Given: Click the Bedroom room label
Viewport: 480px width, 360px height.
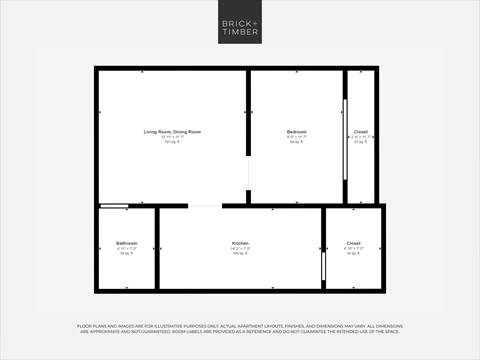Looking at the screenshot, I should click(296, 132).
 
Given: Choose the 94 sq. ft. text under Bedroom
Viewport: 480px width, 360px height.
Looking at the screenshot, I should click(296, 143).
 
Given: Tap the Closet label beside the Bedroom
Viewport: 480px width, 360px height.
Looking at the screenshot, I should click(360, 132).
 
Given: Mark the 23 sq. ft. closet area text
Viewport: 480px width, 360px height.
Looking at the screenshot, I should click(360, 143).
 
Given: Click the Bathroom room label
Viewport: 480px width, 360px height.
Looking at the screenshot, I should click(126, 243).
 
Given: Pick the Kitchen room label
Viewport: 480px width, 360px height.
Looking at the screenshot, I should click(240, 243).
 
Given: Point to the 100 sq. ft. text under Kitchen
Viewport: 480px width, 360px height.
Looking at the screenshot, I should click(240, 254).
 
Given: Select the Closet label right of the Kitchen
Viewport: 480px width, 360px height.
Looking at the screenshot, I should click(353, 243).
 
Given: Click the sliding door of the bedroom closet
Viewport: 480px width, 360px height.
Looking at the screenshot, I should click(346, 138).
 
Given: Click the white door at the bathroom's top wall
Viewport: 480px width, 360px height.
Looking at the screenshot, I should click(114, 206).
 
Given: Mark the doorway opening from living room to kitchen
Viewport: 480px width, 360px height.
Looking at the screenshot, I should click(204, 206).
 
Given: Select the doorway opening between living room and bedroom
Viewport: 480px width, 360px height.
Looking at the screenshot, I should click(249, 180).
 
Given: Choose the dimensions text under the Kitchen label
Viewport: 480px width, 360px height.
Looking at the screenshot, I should click(240, 249).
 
